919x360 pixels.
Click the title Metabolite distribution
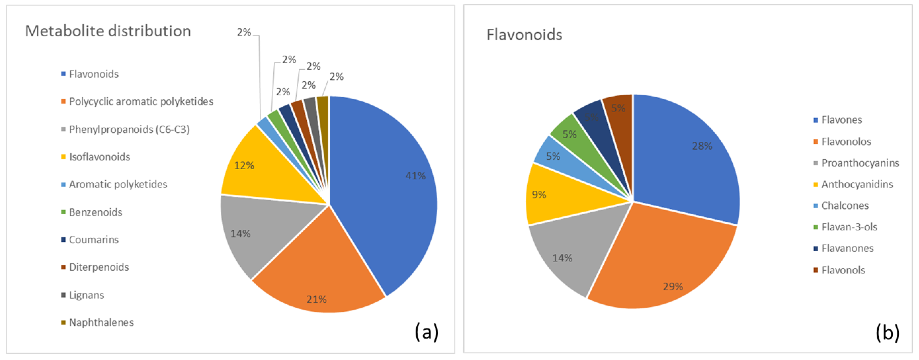(108, 31)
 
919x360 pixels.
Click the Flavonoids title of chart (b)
(524, 35)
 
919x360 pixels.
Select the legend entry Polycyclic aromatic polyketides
(141, 102)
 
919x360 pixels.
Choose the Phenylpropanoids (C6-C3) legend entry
(129, 129)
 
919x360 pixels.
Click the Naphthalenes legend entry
(101, 322)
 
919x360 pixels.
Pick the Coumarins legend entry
(93, 240)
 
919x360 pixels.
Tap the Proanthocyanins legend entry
(860, 163)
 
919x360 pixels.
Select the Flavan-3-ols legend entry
(849, 227)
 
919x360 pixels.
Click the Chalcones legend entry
(845, 206)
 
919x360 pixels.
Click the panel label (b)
(887, 333)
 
